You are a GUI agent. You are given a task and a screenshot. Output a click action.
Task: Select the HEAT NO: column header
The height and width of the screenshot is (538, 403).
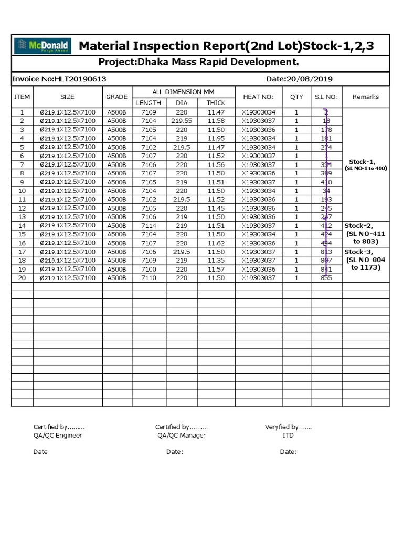[258, 97]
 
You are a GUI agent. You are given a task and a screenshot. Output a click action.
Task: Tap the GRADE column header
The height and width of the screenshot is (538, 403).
[116, 97]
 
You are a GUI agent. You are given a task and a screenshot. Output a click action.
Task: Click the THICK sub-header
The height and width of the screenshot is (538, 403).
[215, 102]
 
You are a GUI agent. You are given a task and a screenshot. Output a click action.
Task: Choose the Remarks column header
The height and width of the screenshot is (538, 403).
[366, 97]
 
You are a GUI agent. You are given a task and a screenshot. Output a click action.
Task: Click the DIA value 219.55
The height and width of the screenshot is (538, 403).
[182, 121]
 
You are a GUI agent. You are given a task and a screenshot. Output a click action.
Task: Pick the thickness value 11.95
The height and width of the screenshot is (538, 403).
[216, 138]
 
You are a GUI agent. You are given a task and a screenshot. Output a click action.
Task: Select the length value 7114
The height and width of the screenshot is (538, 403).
[149, 225]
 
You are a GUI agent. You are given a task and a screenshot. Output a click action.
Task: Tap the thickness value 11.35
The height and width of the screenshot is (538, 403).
[216, 260]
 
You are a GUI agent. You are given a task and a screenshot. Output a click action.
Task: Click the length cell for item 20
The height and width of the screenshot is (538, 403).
[149, 277]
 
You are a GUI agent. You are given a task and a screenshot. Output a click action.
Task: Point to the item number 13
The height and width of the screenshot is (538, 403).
[22, 216]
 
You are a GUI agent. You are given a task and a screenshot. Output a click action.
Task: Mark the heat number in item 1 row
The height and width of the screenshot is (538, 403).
[258, 112]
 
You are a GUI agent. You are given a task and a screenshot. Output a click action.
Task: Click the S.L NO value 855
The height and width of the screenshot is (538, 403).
[326, 277]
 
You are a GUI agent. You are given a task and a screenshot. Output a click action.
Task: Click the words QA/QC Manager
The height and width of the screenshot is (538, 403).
[182, 435]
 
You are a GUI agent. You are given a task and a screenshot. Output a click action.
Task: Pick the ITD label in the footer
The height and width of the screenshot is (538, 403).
[288, 435]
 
